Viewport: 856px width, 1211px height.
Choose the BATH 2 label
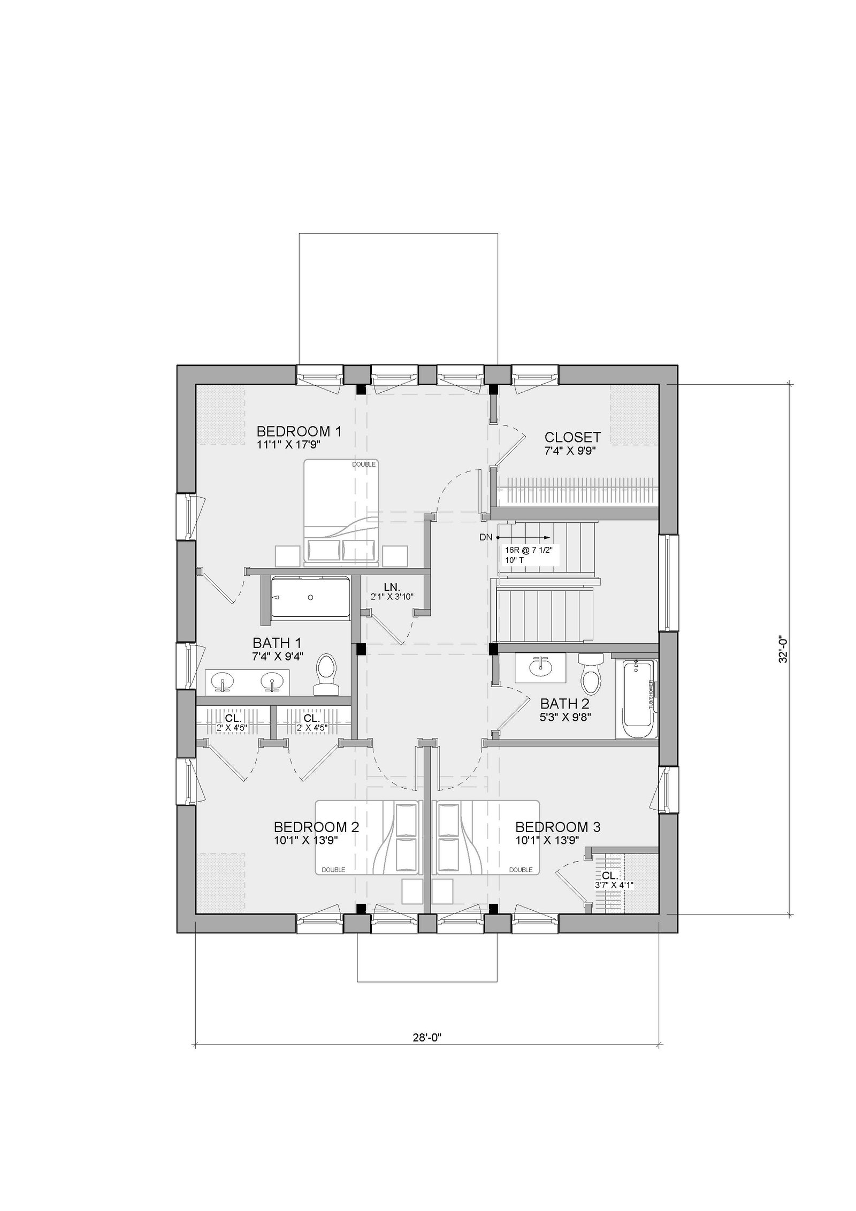point(565,703)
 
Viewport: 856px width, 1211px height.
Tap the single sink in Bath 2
point(540,667)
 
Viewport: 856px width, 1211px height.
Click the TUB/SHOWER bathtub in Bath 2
point(637,699)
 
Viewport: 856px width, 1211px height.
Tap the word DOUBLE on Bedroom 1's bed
point(364,464)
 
